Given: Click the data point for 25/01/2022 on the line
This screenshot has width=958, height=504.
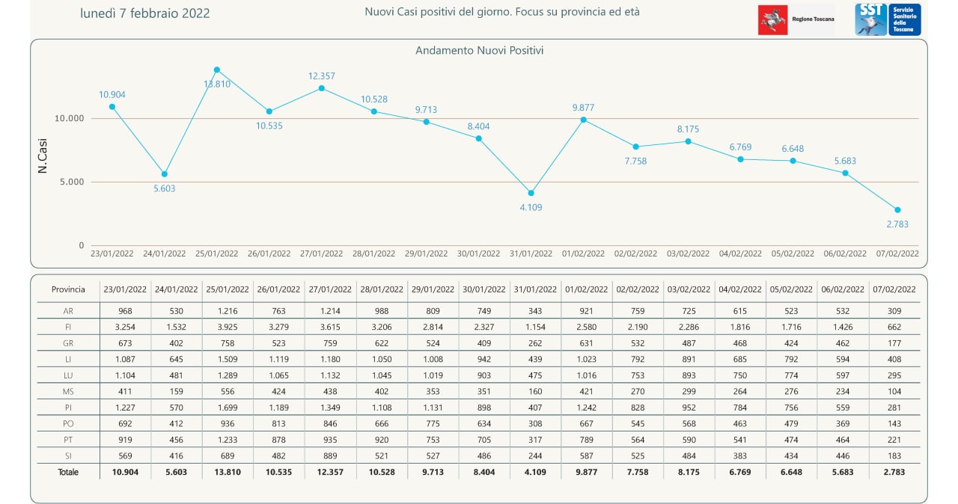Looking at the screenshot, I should (217, 70).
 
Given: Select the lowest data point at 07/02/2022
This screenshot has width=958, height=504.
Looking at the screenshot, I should (897, 210).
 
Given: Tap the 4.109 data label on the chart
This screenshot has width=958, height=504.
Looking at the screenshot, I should (531, 207).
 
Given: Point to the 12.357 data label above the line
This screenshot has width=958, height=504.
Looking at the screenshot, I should (322, 76).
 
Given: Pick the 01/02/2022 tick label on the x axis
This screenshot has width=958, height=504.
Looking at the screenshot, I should (583, 253).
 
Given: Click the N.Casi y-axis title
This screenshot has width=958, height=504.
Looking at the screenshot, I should (43, 160).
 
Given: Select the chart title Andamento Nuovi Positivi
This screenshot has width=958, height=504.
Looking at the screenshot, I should (479, 51).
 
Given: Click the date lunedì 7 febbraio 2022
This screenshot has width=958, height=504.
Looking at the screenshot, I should (145, 13).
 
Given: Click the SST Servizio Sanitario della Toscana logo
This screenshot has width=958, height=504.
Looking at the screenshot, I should (888, 19).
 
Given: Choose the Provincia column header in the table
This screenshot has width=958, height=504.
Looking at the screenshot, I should (68, 289).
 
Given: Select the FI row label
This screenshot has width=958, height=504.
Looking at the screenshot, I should (68, 327).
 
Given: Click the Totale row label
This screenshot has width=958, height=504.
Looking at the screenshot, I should (68, 473).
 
